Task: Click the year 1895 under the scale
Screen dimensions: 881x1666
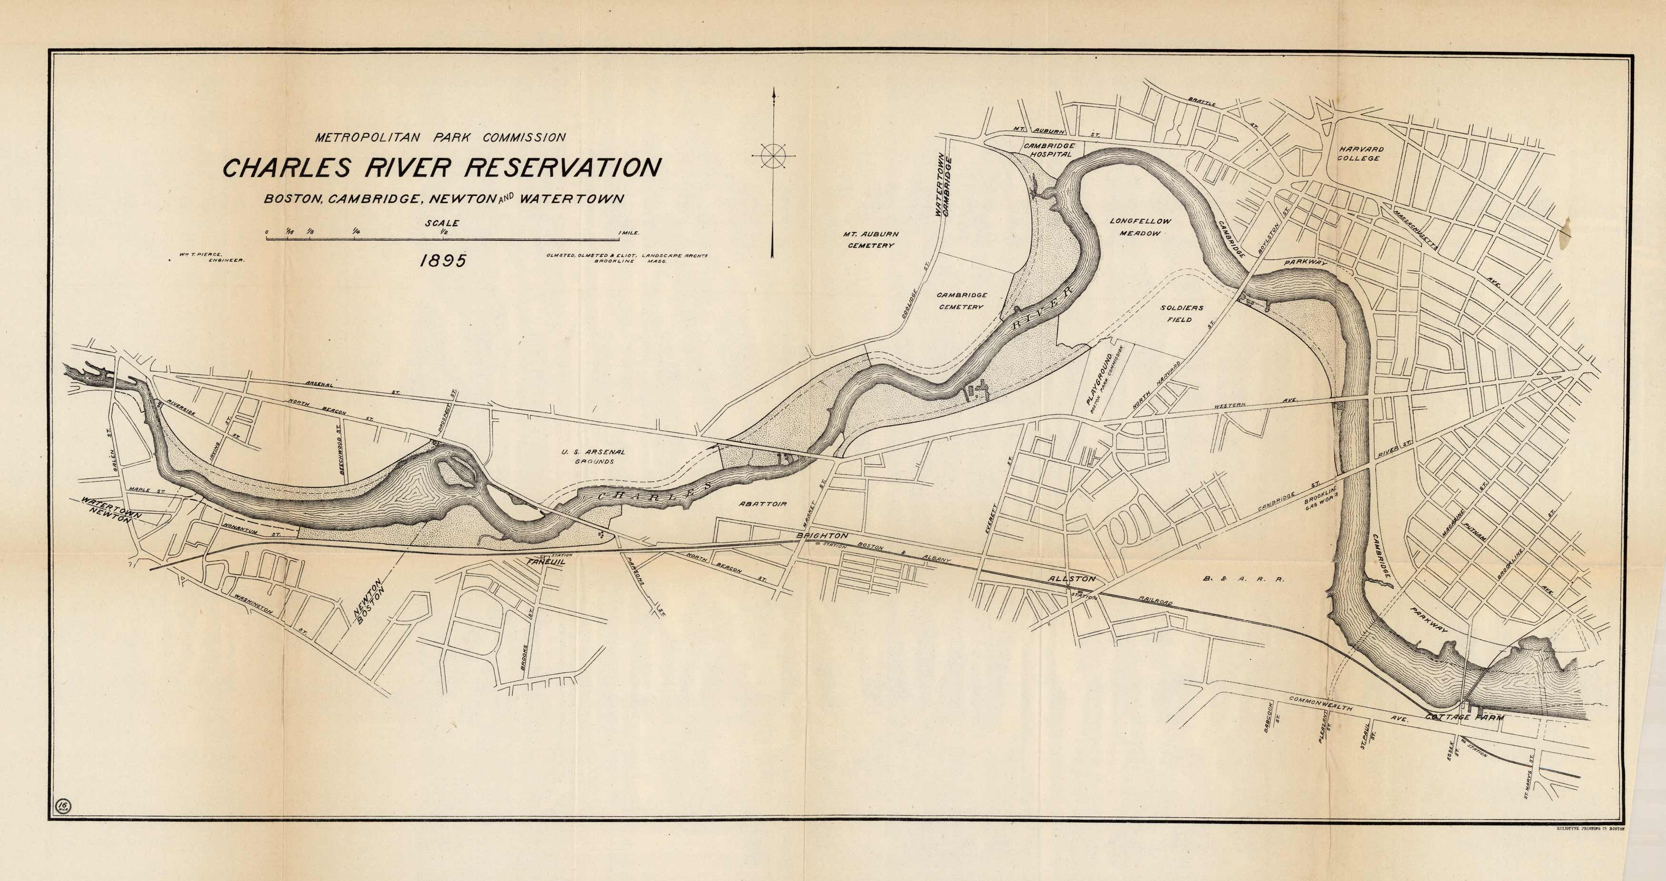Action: [443, 261]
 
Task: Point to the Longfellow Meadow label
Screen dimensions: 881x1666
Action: [1140, 227]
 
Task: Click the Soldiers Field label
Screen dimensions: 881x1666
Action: [1181, 314]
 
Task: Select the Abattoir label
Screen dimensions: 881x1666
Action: [762, 503]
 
